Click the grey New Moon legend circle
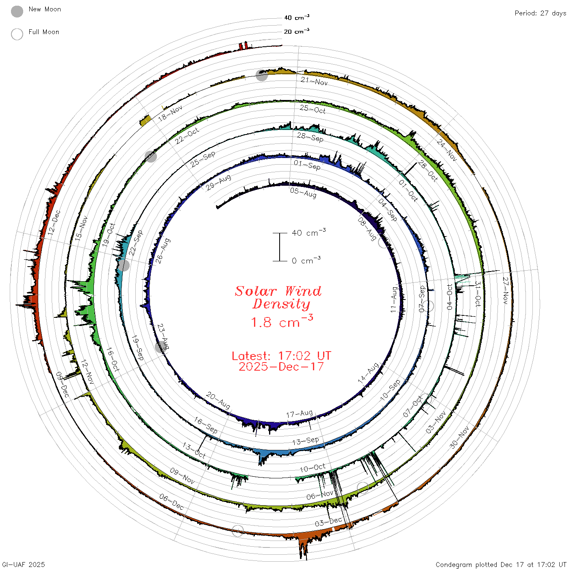[17, 11]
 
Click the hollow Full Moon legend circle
[17, 34]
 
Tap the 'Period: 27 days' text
[540, 13]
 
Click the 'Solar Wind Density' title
[278, 297]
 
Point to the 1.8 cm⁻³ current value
[282, 321]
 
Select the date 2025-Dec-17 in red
[281, 367]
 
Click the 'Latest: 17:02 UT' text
[281, 356]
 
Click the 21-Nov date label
[314, 81]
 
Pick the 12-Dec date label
[54, 223]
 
